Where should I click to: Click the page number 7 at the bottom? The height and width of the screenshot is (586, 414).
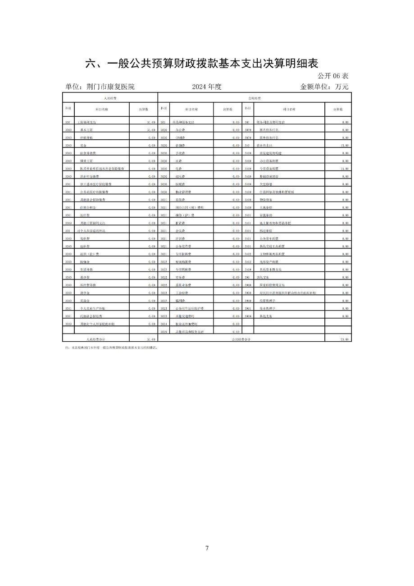207,548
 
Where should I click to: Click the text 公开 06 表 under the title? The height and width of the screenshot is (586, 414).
333,76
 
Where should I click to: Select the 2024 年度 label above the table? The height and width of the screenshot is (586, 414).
207,87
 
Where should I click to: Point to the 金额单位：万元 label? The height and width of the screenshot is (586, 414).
324,87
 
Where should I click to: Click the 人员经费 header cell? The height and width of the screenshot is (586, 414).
110,98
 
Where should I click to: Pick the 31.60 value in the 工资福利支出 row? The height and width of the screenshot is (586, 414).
150,122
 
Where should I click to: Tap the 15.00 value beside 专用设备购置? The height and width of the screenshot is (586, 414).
345,169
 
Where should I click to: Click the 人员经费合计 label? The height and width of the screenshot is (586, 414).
96,339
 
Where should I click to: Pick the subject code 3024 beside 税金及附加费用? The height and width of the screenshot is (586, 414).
164,324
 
